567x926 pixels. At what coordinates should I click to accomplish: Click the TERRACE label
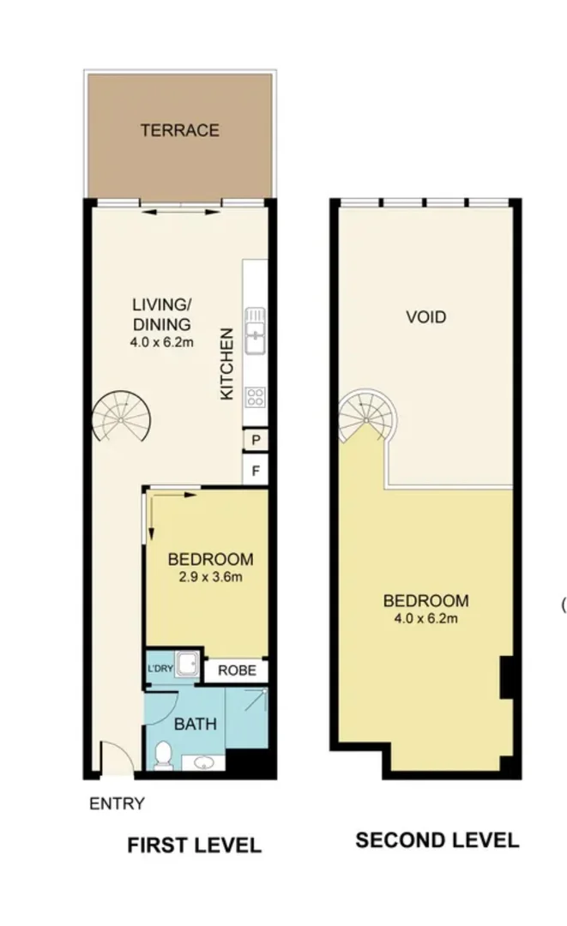pyautogui.click(x=180, y=130)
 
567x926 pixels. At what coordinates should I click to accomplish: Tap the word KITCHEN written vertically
pyautogui.click(x=227, y=364)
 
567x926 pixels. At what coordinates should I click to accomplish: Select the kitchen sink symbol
pyautogui.click(x=255, y=331)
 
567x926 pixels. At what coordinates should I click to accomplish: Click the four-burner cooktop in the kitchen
pyautogui.click(x=255, y=395)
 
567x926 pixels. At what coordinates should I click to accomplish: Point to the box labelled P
pyautogui.click(x=256, y=441)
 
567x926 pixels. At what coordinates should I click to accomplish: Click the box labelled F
pyautogui.click(x=256, y=470)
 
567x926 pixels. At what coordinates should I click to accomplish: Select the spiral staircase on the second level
pyautogui.click(x=367, y=416)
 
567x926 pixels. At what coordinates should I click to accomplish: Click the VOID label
pyautogui.click(x=426, y=317)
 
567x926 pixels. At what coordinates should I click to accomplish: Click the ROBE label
pyautogui.click(x=236, y=670)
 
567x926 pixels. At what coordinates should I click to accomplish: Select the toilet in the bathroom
pyautogui.click(x=163, y=754)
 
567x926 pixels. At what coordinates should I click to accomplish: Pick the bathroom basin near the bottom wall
pyautogui.click(x=205, y=763)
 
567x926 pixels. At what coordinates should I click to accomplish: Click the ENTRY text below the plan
pyautogui.click(x=117, y=804)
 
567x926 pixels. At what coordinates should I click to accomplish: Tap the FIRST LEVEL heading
pyautogui.click(x=194, y=845)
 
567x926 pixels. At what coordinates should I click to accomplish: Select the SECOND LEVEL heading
pyautogui.click(x=437, y=840)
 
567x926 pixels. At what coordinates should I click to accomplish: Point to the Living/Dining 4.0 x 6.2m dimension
pyautogui.click(x=160, y=342)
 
